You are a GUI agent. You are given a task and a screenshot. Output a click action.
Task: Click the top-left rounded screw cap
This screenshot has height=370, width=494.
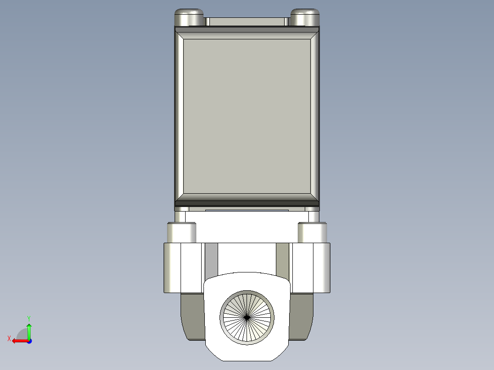tap(188, 18)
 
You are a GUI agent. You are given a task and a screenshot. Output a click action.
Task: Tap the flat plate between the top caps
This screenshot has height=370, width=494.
tap(247, 22)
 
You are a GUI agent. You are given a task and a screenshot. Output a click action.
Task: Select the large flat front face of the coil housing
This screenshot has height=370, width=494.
tap(247, 114)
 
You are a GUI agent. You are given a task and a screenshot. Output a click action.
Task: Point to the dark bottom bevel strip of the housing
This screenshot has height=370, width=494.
tap(247, 201)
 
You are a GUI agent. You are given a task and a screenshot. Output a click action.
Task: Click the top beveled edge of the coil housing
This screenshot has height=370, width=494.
tap(247, 32)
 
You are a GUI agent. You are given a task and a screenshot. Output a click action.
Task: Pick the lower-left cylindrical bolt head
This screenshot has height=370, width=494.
tap(181, 233)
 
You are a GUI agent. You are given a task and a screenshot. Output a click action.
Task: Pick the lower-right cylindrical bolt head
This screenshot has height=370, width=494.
tap(313, 233)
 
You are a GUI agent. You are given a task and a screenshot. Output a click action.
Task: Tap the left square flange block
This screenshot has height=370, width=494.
tap(182, 268)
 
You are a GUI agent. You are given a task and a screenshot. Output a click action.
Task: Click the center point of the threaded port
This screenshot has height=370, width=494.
tap(247, 316)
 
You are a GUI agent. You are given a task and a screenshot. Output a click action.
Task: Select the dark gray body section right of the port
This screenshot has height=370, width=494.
tap(302, 316)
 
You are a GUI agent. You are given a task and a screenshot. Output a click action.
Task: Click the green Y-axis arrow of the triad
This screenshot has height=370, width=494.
tap(29, 329)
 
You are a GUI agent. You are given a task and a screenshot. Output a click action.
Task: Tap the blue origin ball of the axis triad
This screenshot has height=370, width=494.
tap(29, 341)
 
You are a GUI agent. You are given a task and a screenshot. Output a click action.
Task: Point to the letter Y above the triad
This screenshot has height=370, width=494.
tap(28, 318)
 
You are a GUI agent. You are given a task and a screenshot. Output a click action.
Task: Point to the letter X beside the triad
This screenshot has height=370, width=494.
tap(9, 338)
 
